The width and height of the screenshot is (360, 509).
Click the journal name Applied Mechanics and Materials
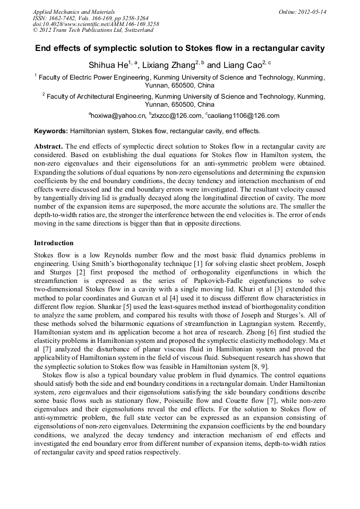[74, 12]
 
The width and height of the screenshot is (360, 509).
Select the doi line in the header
[96, 24]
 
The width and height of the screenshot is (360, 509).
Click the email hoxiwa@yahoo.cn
[118, 116]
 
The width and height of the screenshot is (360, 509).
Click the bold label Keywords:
[51, 131]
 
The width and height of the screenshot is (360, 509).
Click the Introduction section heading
[54, 243]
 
